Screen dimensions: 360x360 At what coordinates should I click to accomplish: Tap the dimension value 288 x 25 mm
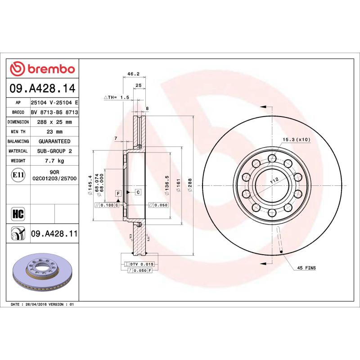pos(54,122)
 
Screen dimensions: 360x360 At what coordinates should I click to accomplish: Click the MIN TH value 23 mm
pos(54,132)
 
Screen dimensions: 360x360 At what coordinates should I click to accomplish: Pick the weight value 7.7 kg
pos(54,161)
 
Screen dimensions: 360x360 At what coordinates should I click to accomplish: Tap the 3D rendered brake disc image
pos(43,274)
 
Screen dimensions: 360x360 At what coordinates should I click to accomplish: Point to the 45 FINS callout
pos(306,268)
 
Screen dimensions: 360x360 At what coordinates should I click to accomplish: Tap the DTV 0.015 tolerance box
pos(142,264)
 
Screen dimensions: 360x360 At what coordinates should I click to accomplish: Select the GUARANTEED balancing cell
pos(54,141)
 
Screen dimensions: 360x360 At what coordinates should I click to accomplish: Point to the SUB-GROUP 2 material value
pos(54,151)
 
